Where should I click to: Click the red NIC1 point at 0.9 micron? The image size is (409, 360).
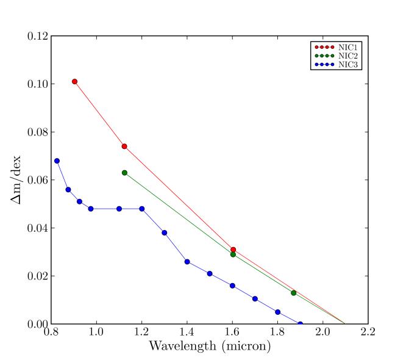pos(74,81)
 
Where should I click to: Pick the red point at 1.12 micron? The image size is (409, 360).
pos(124,146)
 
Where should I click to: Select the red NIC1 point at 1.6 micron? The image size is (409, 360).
pos(233,250)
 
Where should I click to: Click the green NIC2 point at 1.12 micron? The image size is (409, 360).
pos(124,173)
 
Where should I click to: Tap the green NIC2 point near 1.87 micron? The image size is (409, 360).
pos(294,293)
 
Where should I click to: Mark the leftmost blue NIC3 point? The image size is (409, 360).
pos(57,160)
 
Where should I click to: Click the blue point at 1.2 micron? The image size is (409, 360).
pos(142,209)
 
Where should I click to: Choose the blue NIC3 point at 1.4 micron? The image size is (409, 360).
pos(187,262)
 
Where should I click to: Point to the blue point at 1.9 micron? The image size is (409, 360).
pos(300,324)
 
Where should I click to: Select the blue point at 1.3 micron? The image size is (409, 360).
pos(165,232)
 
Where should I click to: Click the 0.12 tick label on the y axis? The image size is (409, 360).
pos(37,36)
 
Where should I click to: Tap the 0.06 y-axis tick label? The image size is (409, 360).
pos(37,180)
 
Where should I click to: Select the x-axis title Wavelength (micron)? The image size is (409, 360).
pos(208,347)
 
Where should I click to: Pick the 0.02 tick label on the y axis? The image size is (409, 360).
pos(37,276)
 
